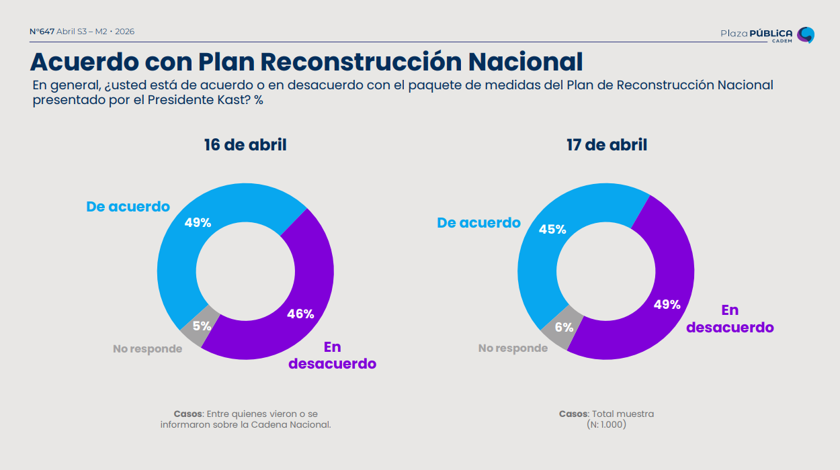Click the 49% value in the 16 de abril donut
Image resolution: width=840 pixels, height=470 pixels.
198,223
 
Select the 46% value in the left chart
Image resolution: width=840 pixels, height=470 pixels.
300,314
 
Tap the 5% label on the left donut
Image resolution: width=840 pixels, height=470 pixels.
202,326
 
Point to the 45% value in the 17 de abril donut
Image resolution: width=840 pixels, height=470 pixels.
552,230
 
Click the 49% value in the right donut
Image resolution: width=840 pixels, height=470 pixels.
667,304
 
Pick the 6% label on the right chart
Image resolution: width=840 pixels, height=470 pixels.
564,328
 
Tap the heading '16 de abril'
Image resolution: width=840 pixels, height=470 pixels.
245,145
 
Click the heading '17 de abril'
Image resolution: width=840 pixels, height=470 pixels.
606,145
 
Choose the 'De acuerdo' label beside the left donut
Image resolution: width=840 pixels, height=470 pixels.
128,207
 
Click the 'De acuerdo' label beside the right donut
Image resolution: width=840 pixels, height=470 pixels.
478,223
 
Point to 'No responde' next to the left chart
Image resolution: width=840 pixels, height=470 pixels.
147,349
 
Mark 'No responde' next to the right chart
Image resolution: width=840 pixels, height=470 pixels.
513,348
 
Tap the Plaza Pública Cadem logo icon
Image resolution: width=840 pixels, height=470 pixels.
805,35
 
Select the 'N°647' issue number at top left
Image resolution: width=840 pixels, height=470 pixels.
42,32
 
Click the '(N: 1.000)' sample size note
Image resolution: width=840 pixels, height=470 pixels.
606,425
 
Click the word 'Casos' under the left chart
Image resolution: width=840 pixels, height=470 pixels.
187,414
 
